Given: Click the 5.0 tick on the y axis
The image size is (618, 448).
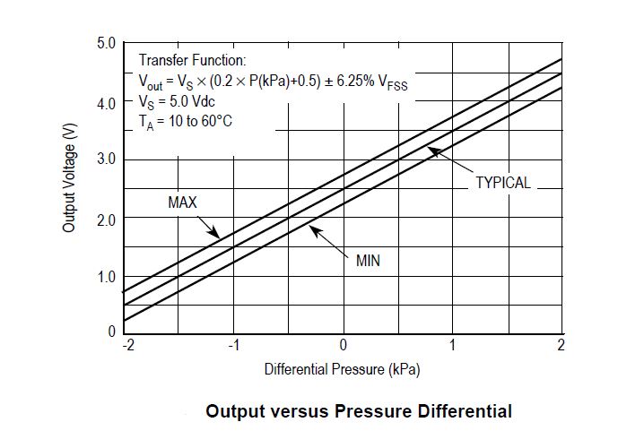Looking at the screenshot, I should click(106, 43).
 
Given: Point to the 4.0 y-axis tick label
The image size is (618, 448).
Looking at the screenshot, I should click(106, 102).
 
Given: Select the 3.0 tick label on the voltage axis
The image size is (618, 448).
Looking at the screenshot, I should click(106, 159).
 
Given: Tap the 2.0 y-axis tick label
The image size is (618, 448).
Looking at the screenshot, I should click(106, 218).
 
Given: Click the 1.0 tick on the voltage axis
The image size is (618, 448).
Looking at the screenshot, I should click(106, 277).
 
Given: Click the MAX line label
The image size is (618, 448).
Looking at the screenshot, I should click(182, 202).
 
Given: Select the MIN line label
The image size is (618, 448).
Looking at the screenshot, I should click(368, 262).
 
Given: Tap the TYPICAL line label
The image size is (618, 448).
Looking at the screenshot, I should click(502, 183).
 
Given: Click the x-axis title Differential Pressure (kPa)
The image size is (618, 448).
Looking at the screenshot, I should click(342, 369).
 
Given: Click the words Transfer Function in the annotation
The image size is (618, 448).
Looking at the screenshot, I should click(191, 61).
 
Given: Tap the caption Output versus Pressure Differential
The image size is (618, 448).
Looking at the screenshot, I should click(359, 412).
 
